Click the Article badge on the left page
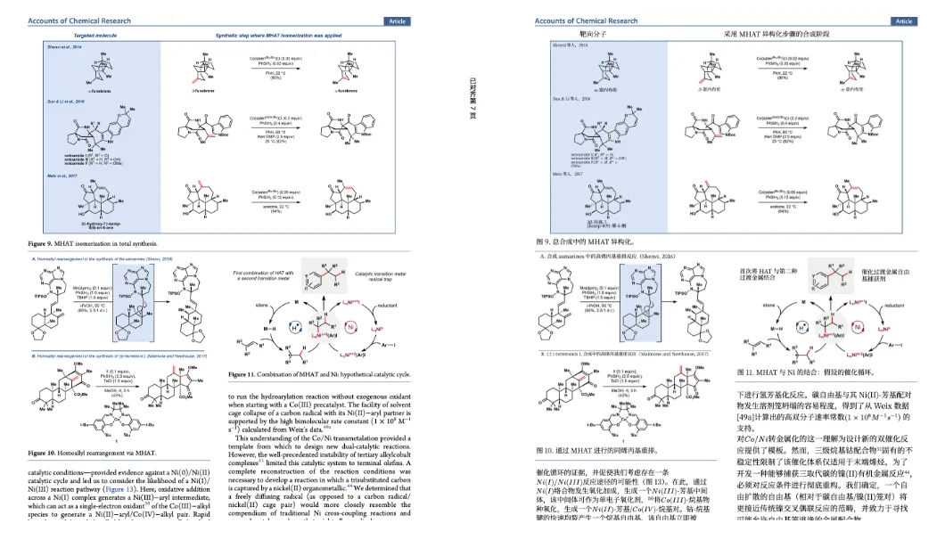[397, 20]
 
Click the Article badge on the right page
[904, 20]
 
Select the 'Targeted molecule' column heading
[96, 36]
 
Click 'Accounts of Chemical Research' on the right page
[587, 20]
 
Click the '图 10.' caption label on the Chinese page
[547, 451]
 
